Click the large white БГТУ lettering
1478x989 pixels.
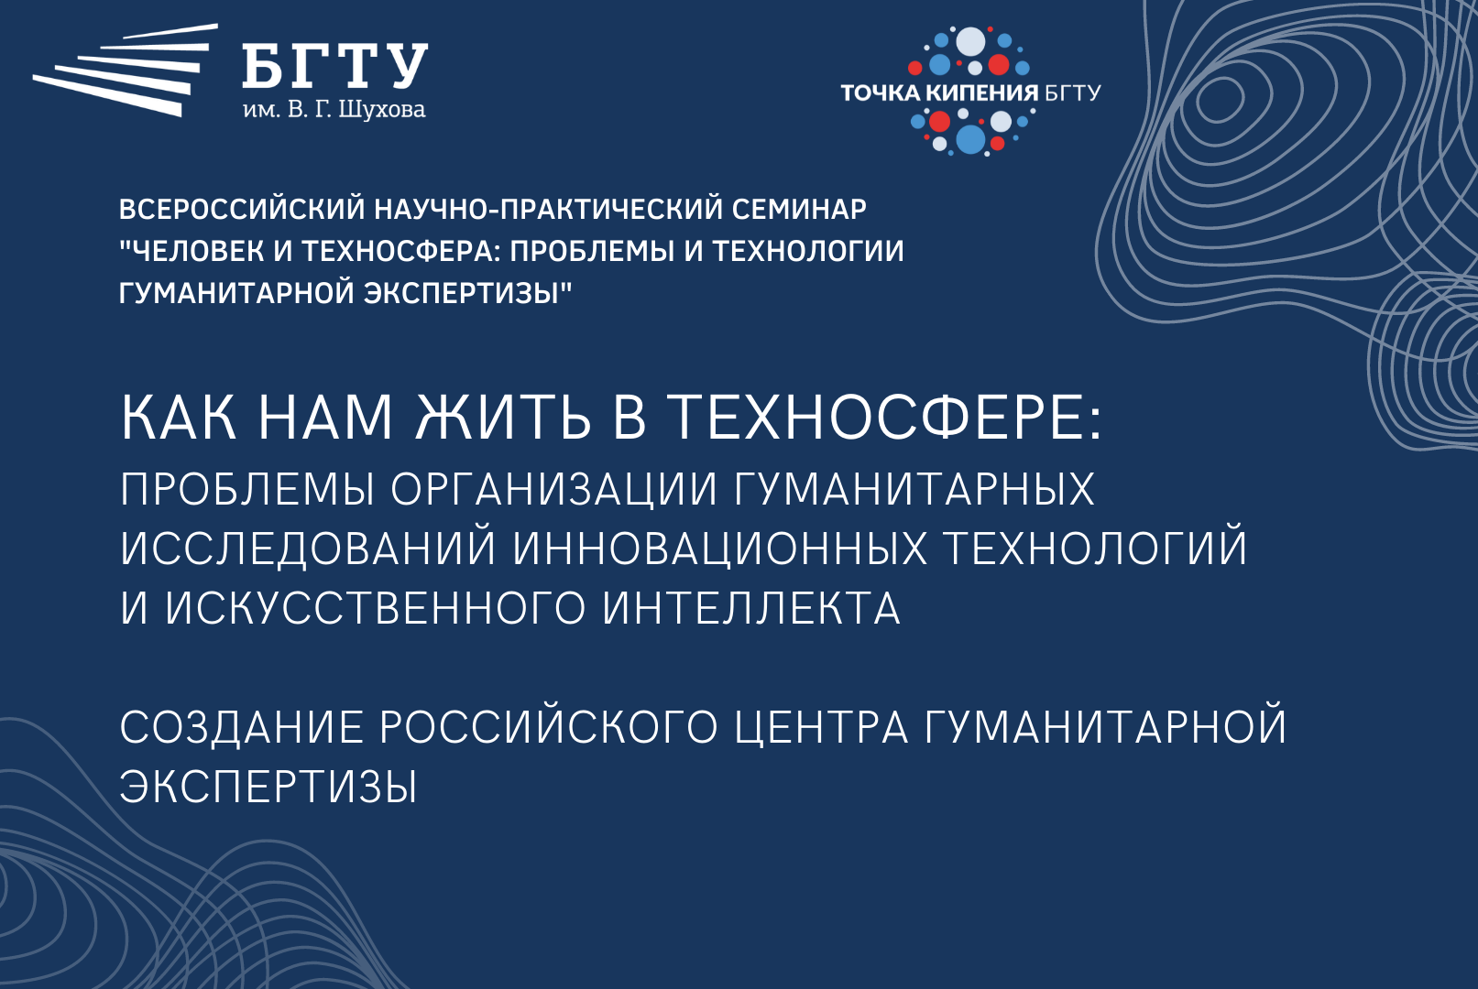(x=334, y=66)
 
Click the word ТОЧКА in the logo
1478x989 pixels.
(x=880, y=92)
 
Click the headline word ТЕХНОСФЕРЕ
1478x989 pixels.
(x=884, y=418)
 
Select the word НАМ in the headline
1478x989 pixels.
(x=325, y=418)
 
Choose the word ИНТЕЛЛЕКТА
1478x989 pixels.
(x=751, y=608)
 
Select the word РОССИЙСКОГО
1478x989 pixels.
(x=548, y=728)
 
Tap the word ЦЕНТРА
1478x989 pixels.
(x=821, y=728)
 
